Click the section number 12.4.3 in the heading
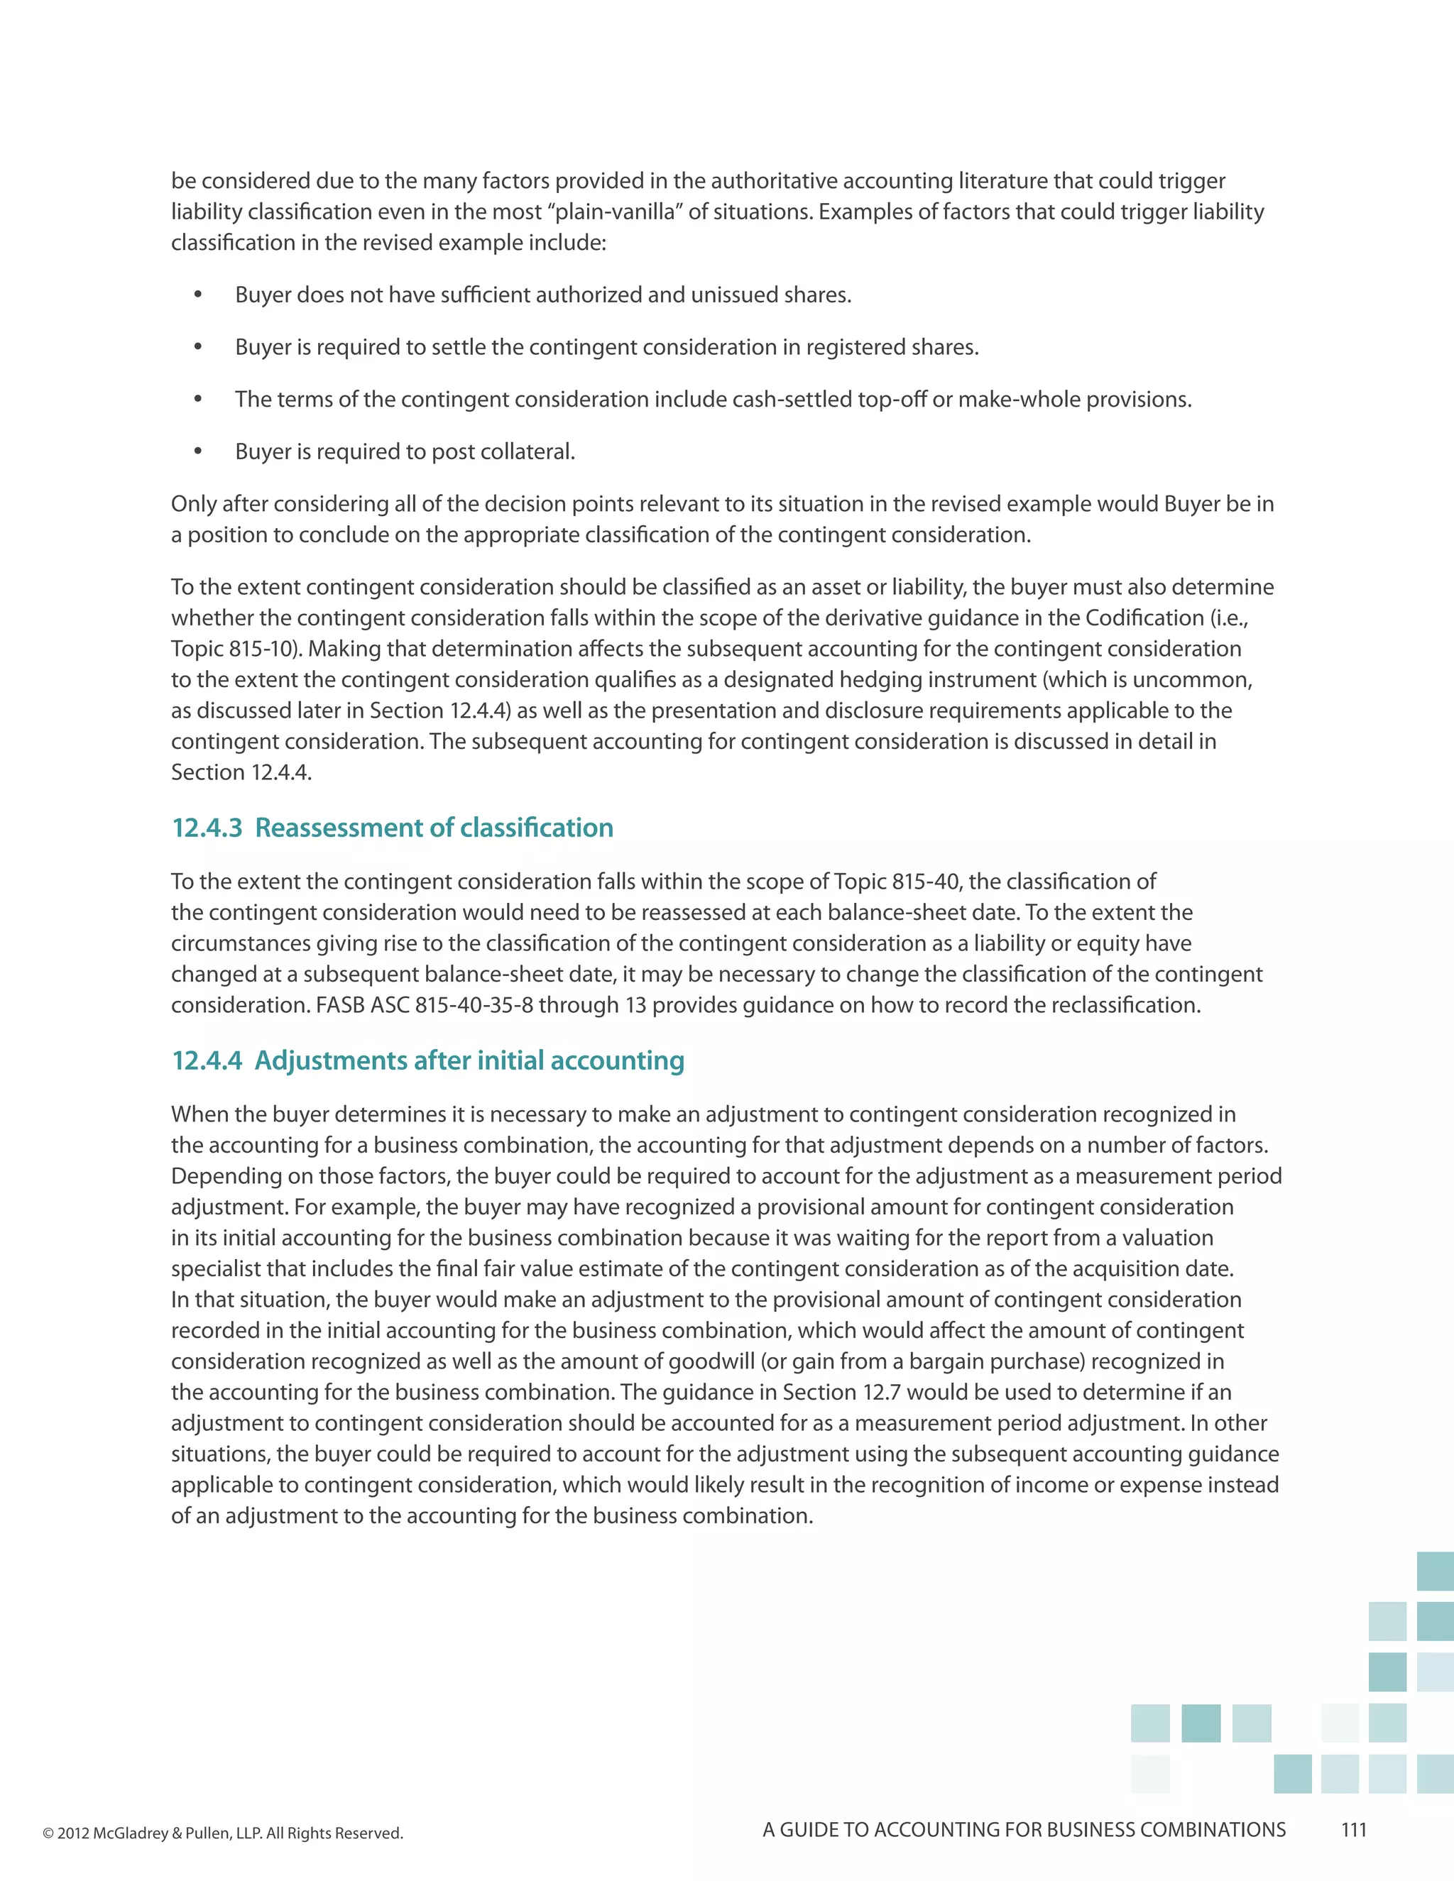207,828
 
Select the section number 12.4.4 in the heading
207,1060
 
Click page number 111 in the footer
1354,1830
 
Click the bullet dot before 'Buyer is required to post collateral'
198,451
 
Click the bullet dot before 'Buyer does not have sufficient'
198,295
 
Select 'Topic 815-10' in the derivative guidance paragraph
231,649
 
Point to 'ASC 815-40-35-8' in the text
452,1005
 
